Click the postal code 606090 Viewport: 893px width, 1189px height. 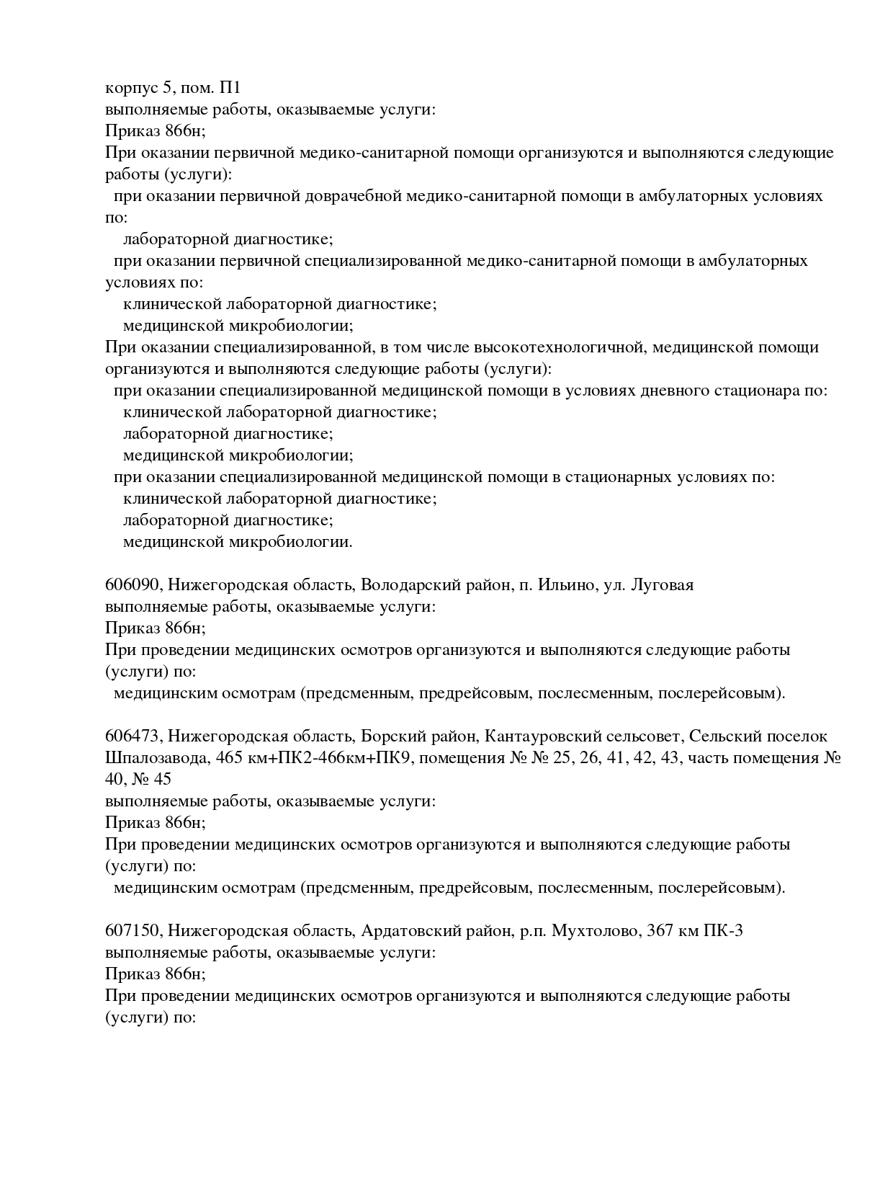132,585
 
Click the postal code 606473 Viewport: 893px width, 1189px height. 132,736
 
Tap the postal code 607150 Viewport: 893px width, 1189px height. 132,931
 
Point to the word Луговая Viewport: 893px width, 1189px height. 662,585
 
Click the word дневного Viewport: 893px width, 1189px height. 674,391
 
